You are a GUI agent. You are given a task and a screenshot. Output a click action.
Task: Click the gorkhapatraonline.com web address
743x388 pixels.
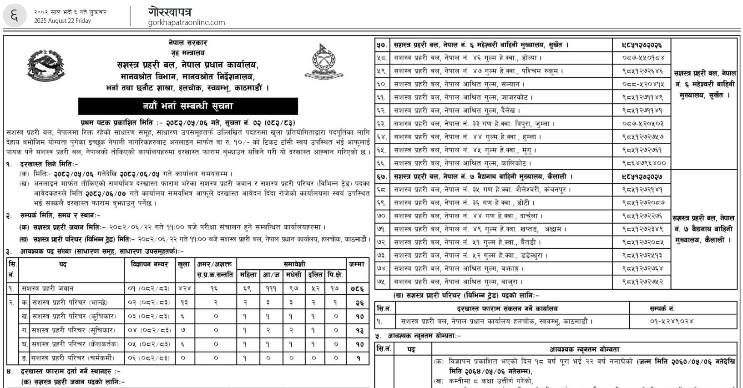pos(187,22)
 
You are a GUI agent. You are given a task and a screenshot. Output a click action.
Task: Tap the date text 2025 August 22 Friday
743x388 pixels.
pos(62,20)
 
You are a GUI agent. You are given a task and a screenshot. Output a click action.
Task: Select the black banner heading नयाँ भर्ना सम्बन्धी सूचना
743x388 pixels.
pos(188,106)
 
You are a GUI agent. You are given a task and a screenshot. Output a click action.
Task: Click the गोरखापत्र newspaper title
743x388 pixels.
pos(170,11)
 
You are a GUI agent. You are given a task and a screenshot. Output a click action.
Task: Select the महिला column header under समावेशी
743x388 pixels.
pos(248,275)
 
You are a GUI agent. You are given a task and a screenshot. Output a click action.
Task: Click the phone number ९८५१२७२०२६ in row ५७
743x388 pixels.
pos(642,45)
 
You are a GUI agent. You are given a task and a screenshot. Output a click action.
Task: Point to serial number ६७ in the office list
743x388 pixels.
pos(381,176)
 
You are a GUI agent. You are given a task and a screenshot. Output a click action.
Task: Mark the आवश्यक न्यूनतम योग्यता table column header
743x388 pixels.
pos(584,349)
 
